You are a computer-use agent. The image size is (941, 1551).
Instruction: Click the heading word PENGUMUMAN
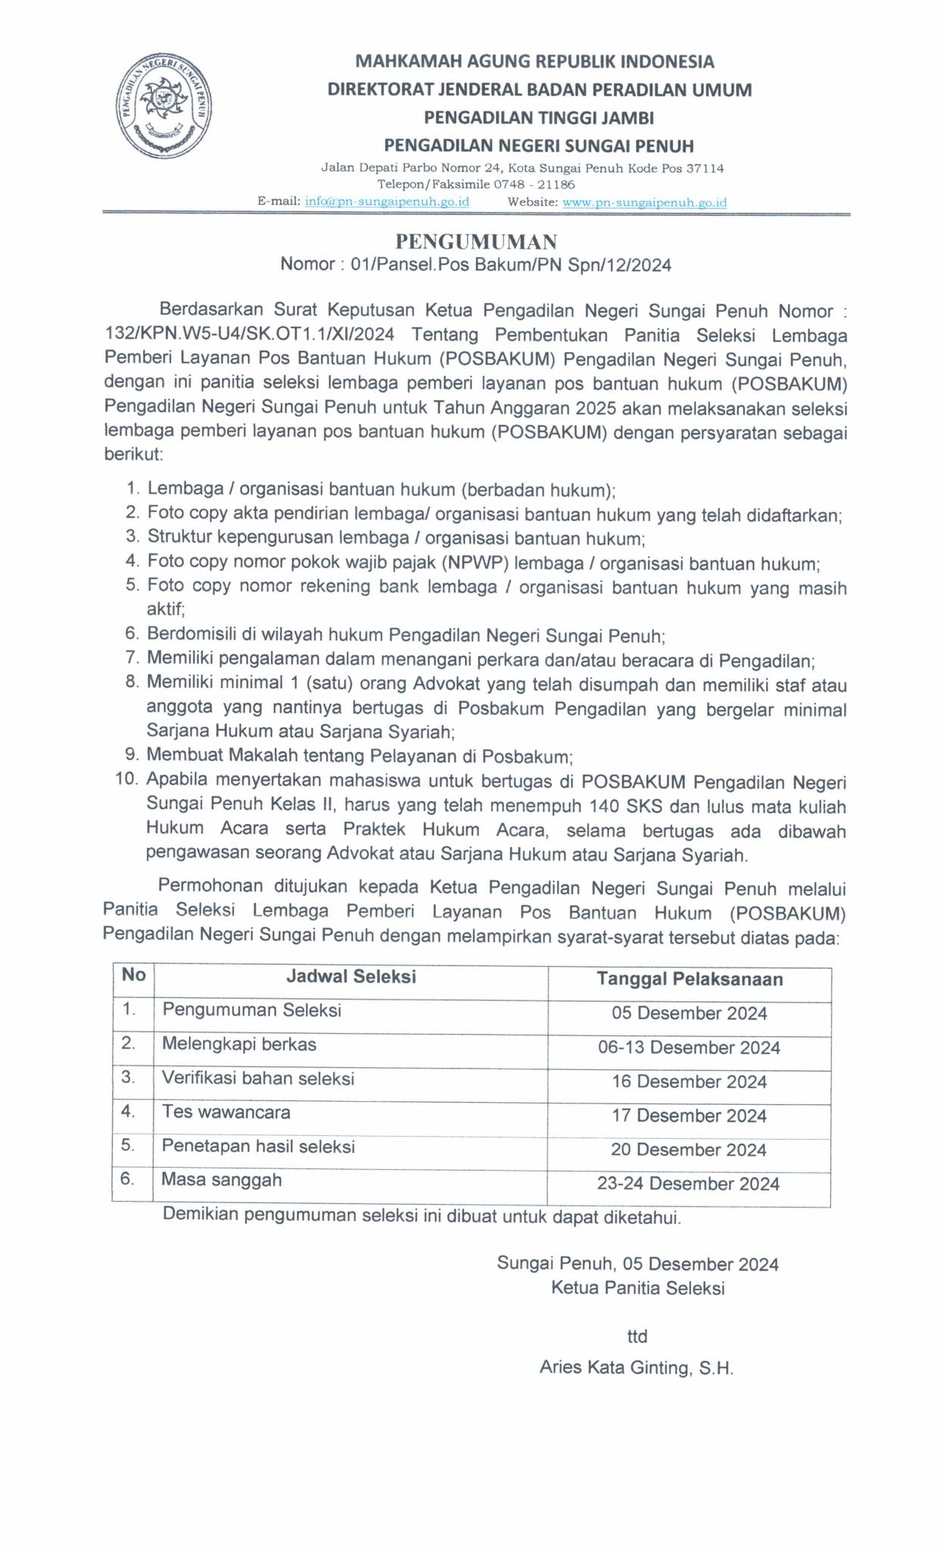[476, 242]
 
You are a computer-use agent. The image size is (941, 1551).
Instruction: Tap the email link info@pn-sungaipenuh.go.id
[386, 202]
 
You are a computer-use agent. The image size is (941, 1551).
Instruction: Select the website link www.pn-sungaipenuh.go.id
[645, 202]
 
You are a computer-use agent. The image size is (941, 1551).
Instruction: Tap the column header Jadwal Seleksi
[351, 976]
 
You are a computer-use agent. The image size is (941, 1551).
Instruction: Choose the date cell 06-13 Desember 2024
[689, 1047]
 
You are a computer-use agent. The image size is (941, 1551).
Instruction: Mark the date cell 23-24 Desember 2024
[687, 1184]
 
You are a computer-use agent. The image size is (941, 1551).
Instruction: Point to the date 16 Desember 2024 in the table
[689, 1081]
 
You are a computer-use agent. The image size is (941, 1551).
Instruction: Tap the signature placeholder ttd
[637, 1335]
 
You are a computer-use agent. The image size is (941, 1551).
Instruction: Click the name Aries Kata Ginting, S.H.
[637, 1368]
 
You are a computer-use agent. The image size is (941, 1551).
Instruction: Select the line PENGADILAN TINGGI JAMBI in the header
[538, 117]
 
